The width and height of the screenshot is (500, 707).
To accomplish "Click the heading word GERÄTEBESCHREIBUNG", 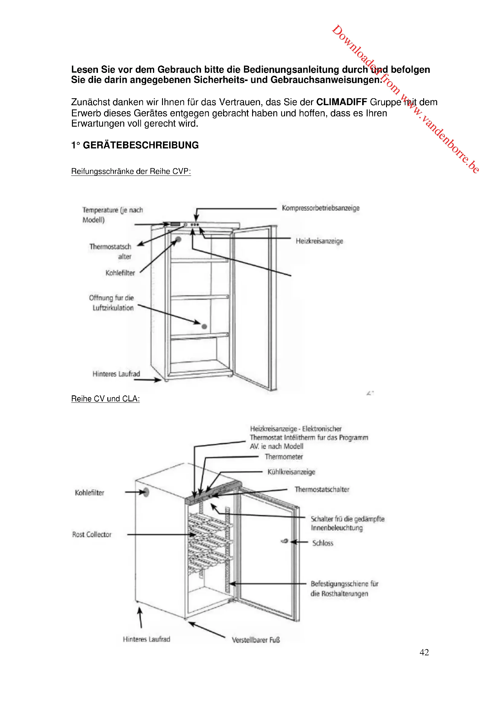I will pos(141,145).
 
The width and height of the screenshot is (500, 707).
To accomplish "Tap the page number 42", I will pos(424,652).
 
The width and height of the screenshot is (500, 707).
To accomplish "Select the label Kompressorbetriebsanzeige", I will pos(320,208).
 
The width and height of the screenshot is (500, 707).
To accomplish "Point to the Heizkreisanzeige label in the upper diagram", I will pos(319,241).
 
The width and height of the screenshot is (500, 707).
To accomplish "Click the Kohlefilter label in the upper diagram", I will pos(120,273).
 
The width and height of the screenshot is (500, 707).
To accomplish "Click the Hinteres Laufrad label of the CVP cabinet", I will pos(116,374).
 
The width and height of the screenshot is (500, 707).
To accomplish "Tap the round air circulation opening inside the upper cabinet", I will pos(204,326).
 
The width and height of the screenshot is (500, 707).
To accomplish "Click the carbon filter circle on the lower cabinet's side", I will pos(146,492).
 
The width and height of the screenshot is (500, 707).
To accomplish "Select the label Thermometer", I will pos(284,457).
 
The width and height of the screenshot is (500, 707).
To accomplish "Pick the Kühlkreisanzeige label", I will pos(291,472).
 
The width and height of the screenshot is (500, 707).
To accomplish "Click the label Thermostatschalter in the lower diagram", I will pos(322,489).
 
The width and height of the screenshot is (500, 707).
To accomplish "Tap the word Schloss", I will pos(323,543).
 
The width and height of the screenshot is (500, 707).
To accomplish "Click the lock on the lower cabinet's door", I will pos(285,541).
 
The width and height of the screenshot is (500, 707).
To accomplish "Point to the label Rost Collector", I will pos(92,535).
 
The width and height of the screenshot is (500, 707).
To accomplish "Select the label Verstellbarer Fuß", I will pos(255,640).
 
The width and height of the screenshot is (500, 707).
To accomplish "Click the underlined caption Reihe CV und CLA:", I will pos(105,399).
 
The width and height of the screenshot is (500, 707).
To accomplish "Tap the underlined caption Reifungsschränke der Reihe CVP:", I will pos(131,171).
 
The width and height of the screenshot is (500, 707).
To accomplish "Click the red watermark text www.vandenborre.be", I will pos(443,135).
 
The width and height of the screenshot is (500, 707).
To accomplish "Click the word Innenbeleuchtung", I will pos(336,528).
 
